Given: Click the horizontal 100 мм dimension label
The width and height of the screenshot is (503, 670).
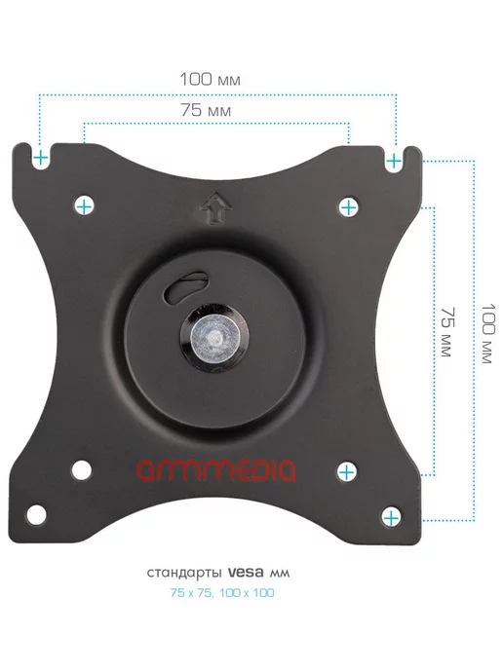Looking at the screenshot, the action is [210, 80].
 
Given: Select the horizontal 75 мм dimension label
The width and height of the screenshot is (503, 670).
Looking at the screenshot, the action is [206, 110].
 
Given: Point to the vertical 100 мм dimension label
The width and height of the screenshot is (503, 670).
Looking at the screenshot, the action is [488, 334].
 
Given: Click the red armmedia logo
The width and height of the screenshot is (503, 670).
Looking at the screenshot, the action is [216, 470].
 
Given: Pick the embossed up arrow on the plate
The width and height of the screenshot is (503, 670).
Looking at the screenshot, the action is [217, 208].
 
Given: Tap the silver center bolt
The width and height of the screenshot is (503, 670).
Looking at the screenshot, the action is [215, 335].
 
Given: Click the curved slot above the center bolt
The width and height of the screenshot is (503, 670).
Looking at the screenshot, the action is [185, 286].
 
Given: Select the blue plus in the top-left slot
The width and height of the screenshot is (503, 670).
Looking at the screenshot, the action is [41, 159].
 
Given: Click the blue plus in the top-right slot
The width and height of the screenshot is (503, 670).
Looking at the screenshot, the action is [394, 162].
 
